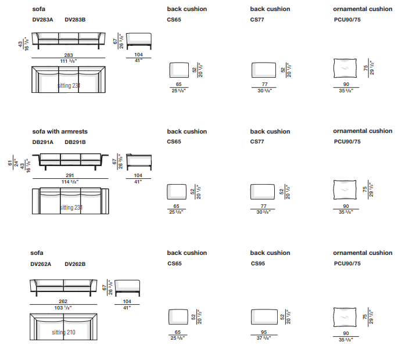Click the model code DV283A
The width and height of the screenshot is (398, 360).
[x=42, y=19]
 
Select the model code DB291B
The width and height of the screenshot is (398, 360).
[x=75, y=142]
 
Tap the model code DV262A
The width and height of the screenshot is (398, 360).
[x=41, y=264]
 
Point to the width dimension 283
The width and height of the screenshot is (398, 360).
[x=69, y=56]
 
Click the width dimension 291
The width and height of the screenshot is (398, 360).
[x=69, y=175]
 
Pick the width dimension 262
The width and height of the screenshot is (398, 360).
[x=63, y=301]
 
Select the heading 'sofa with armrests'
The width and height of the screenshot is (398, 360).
[x=60, y=132]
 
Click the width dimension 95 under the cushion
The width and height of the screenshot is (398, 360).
[x=264, y=333]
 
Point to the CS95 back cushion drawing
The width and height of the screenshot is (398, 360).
[x=264, y=316]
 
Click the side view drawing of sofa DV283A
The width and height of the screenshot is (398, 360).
[x=138, y=42]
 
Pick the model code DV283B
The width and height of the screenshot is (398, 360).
[x=75, y=19]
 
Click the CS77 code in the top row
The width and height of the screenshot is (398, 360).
[x=257, y=19]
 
